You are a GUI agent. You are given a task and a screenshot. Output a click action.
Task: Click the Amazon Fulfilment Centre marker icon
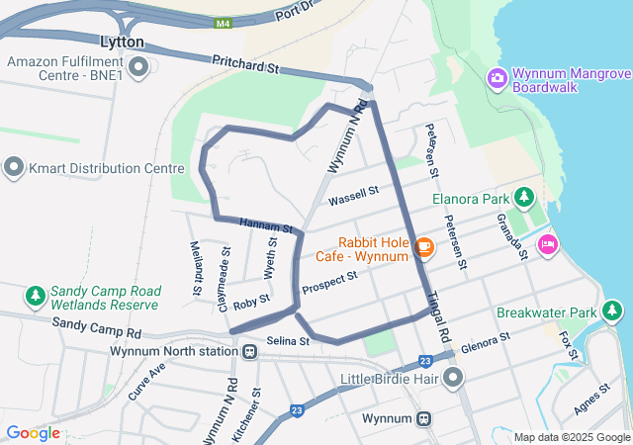tap(138, 67)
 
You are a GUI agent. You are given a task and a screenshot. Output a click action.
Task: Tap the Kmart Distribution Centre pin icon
tap(14, 168)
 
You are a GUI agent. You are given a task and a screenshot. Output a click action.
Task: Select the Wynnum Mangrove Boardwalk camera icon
tap(497, 77)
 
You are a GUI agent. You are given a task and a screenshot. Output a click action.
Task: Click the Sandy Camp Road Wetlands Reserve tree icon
tap(36, 296)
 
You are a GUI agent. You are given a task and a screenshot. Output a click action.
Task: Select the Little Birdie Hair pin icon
tap(454, 377)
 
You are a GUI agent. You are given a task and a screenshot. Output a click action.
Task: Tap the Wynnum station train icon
tap(424, 418)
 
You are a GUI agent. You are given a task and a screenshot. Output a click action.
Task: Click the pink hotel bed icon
tap(547, 244)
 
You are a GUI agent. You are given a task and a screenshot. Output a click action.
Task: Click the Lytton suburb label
tap(123, 43)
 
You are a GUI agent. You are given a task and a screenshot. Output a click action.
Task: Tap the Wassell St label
tap(354, 195)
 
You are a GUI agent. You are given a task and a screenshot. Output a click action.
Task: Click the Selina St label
tap(288, 341)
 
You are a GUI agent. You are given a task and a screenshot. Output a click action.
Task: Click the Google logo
tap(33, 432)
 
